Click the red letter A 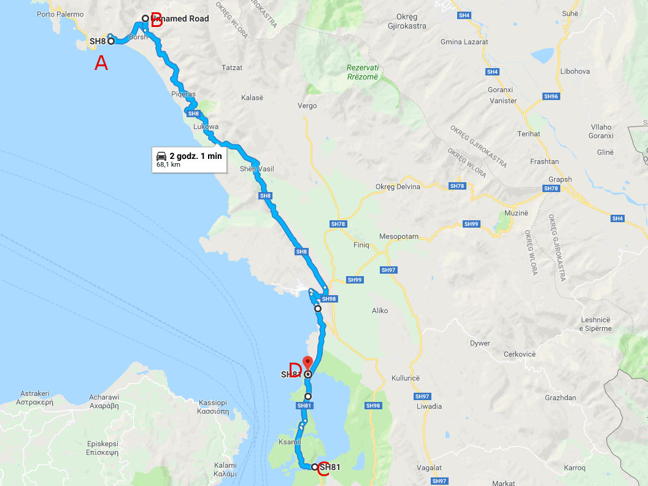coord(101,63)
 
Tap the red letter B coord(156,23)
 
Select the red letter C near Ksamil coord(323,471)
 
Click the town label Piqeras coord(183,94)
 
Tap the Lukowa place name coord(206,127)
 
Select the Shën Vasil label coord(256,169)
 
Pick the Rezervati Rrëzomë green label coord(362,72)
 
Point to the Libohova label coord(574,72)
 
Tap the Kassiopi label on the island coord(214,407)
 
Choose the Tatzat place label coord(232,67)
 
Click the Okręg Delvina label coord(398,187)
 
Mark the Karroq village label coord(574,468)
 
